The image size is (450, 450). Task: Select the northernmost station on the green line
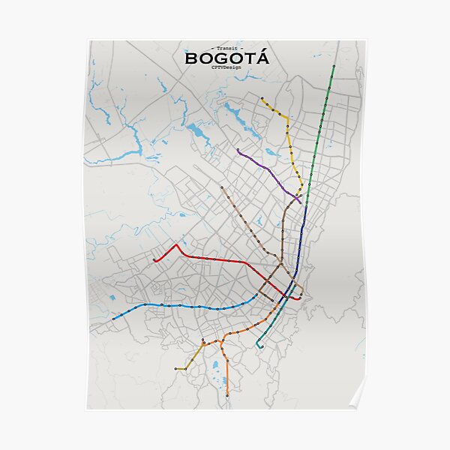click(x=333, y=67)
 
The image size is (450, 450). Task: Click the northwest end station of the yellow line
click(x=262, y=98)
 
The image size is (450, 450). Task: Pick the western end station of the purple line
click(x=238, y=150)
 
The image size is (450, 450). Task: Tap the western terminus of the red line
click(x=154, y=261)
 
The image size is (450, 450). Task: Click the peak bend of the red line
click(x=176, y=244)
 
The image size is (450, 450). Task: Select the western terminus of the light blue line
click(x=114, y=319)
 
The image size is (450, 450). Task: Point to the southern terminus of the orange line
click(x=227, y=395)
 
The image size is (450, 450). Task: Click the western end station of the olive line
click(x=176, y=369)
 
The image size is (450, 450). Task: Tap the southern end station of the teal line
click(x=258, y=347)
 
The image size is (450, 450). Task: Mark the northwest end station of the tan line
click(x=221, y=187)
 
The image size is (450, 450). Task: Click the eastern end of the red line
click(x=299, y=298)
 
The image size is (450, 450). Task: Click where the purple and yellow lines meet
click(x=300, y=200)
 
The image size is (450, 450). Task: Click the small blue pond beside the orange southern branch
click(x=215, y=367)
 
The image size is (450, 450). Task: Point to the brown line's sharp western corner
click(x=259, y=289)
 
